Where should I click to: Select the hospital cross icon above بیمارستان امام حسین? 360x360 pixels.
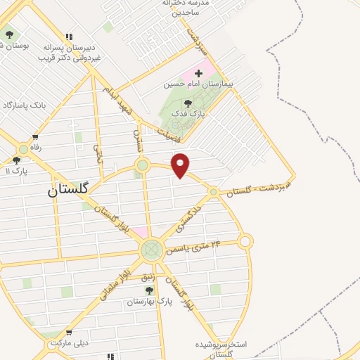pyautogui.click(x=198, y=73)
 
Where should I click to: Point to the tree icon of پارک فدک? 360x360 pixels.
pyautogui.click(x=187, y=103)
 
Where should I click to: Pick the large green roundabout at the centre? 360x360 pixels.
pyautogui.click(x=150, y=249)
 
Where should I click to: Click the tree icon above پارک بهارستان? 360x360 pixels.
pyautogui.click(x=148, y=290)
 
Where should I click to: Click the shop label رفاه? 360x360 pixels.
pyautogui.click(x=35, y=147)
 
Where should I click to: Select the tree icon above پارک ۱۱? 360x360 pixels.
pyautogui.click(x=16, y=160)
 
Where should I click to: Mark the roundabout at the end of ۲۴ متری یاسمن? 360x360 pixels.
pyautogui.click(x=245, y=242)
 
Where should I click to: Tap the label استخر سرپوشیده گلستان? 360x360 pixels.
pyautogui.click(x=221, y=350)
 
